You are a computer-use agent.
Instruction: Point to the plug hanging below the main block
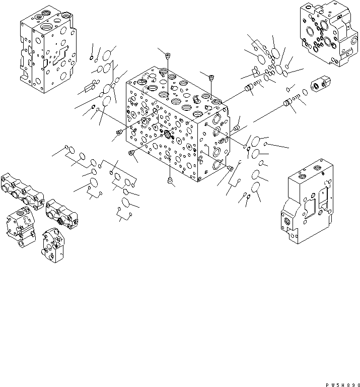click(x=169, y=180)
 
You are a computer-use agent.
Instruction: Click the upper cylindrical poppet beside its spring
click(x=248, y=90)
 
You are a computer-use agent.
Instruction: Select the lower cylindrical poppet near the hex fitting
click(x=289, y=103)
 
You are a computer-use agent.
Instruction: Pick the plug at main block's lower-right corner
click(x=231, y=168)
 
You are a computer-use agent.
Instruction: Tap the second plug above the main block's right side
click(x=211, y=77)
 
